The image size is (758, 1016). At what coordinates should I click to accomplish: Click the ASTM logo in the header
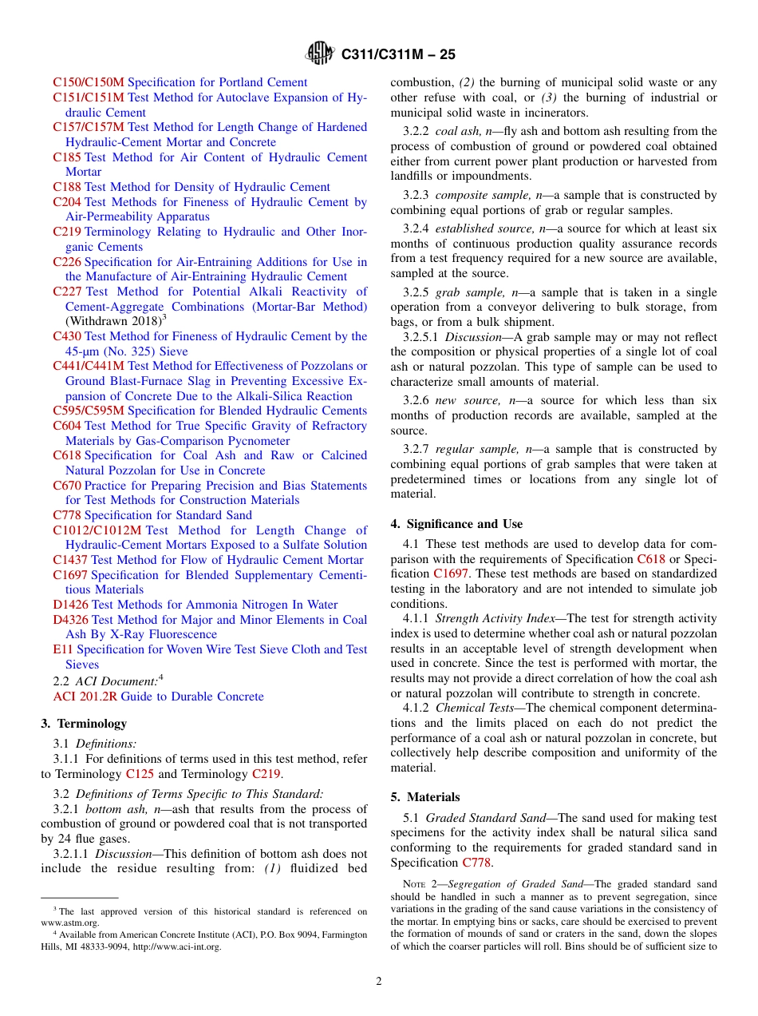321,54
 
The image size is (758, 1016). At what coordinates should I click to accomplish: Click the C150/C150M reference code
89,82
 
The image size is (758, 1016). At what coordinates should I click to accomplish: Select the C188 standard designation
67,187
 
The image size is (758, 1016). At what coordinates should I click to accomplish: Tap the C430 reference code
67,336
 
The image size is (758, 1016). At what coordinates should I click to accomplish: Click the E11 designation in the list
63,649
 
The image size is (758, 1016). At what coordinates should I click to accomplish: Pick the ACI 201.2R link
78,697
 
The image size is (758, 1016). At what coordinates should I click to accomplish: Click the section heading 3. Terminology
84,724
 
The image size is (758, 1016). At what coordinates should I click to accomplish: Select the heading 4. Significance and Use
456,524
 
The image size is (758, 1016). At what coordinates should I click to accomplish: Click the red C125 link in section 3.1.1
140,774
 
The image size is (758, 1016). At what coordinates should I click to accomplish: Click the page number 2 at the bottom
379,982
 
